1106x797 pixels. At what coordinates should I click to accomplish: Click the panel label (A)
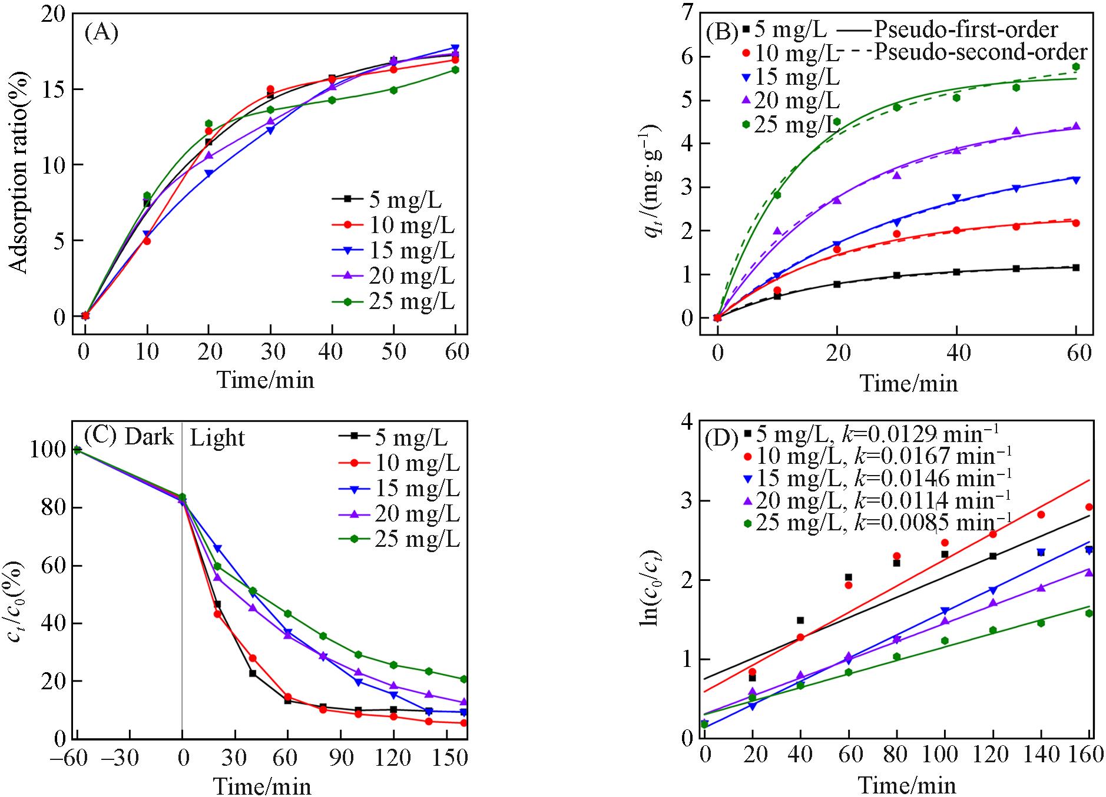[x=101, y=33]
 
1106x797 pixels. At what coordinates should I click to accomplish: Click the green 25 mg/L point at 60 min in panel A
[x=455, y=70]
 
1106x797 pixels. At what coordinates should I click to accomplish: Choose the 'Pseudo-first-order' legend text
[x=966, y=29]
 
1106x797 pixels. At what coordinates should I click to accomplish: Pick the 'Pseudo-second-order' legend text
[x=980, y=52]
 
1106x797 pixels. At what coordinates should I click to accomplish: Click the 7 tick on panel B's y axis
[x=685, y=13]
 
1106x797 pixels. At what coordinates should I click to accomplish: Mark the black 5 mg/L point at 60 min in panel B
[x=1076, y=268]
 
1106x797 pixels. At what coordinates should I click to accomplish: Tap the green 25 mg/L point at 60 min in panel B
[x=1076, y=67]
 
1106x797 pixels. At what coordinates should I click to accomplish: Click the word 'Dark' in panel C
[x=149, y=437]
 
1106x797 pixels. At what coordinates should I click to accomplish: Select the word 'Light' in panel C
[x=217, y=439]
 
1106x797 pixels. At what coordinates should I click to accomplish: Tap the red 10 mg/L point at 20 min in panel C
[x=217, y=614]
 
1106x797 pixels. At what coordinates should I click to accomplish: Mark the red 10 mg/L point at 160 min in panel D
[x=1089, y=507]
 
